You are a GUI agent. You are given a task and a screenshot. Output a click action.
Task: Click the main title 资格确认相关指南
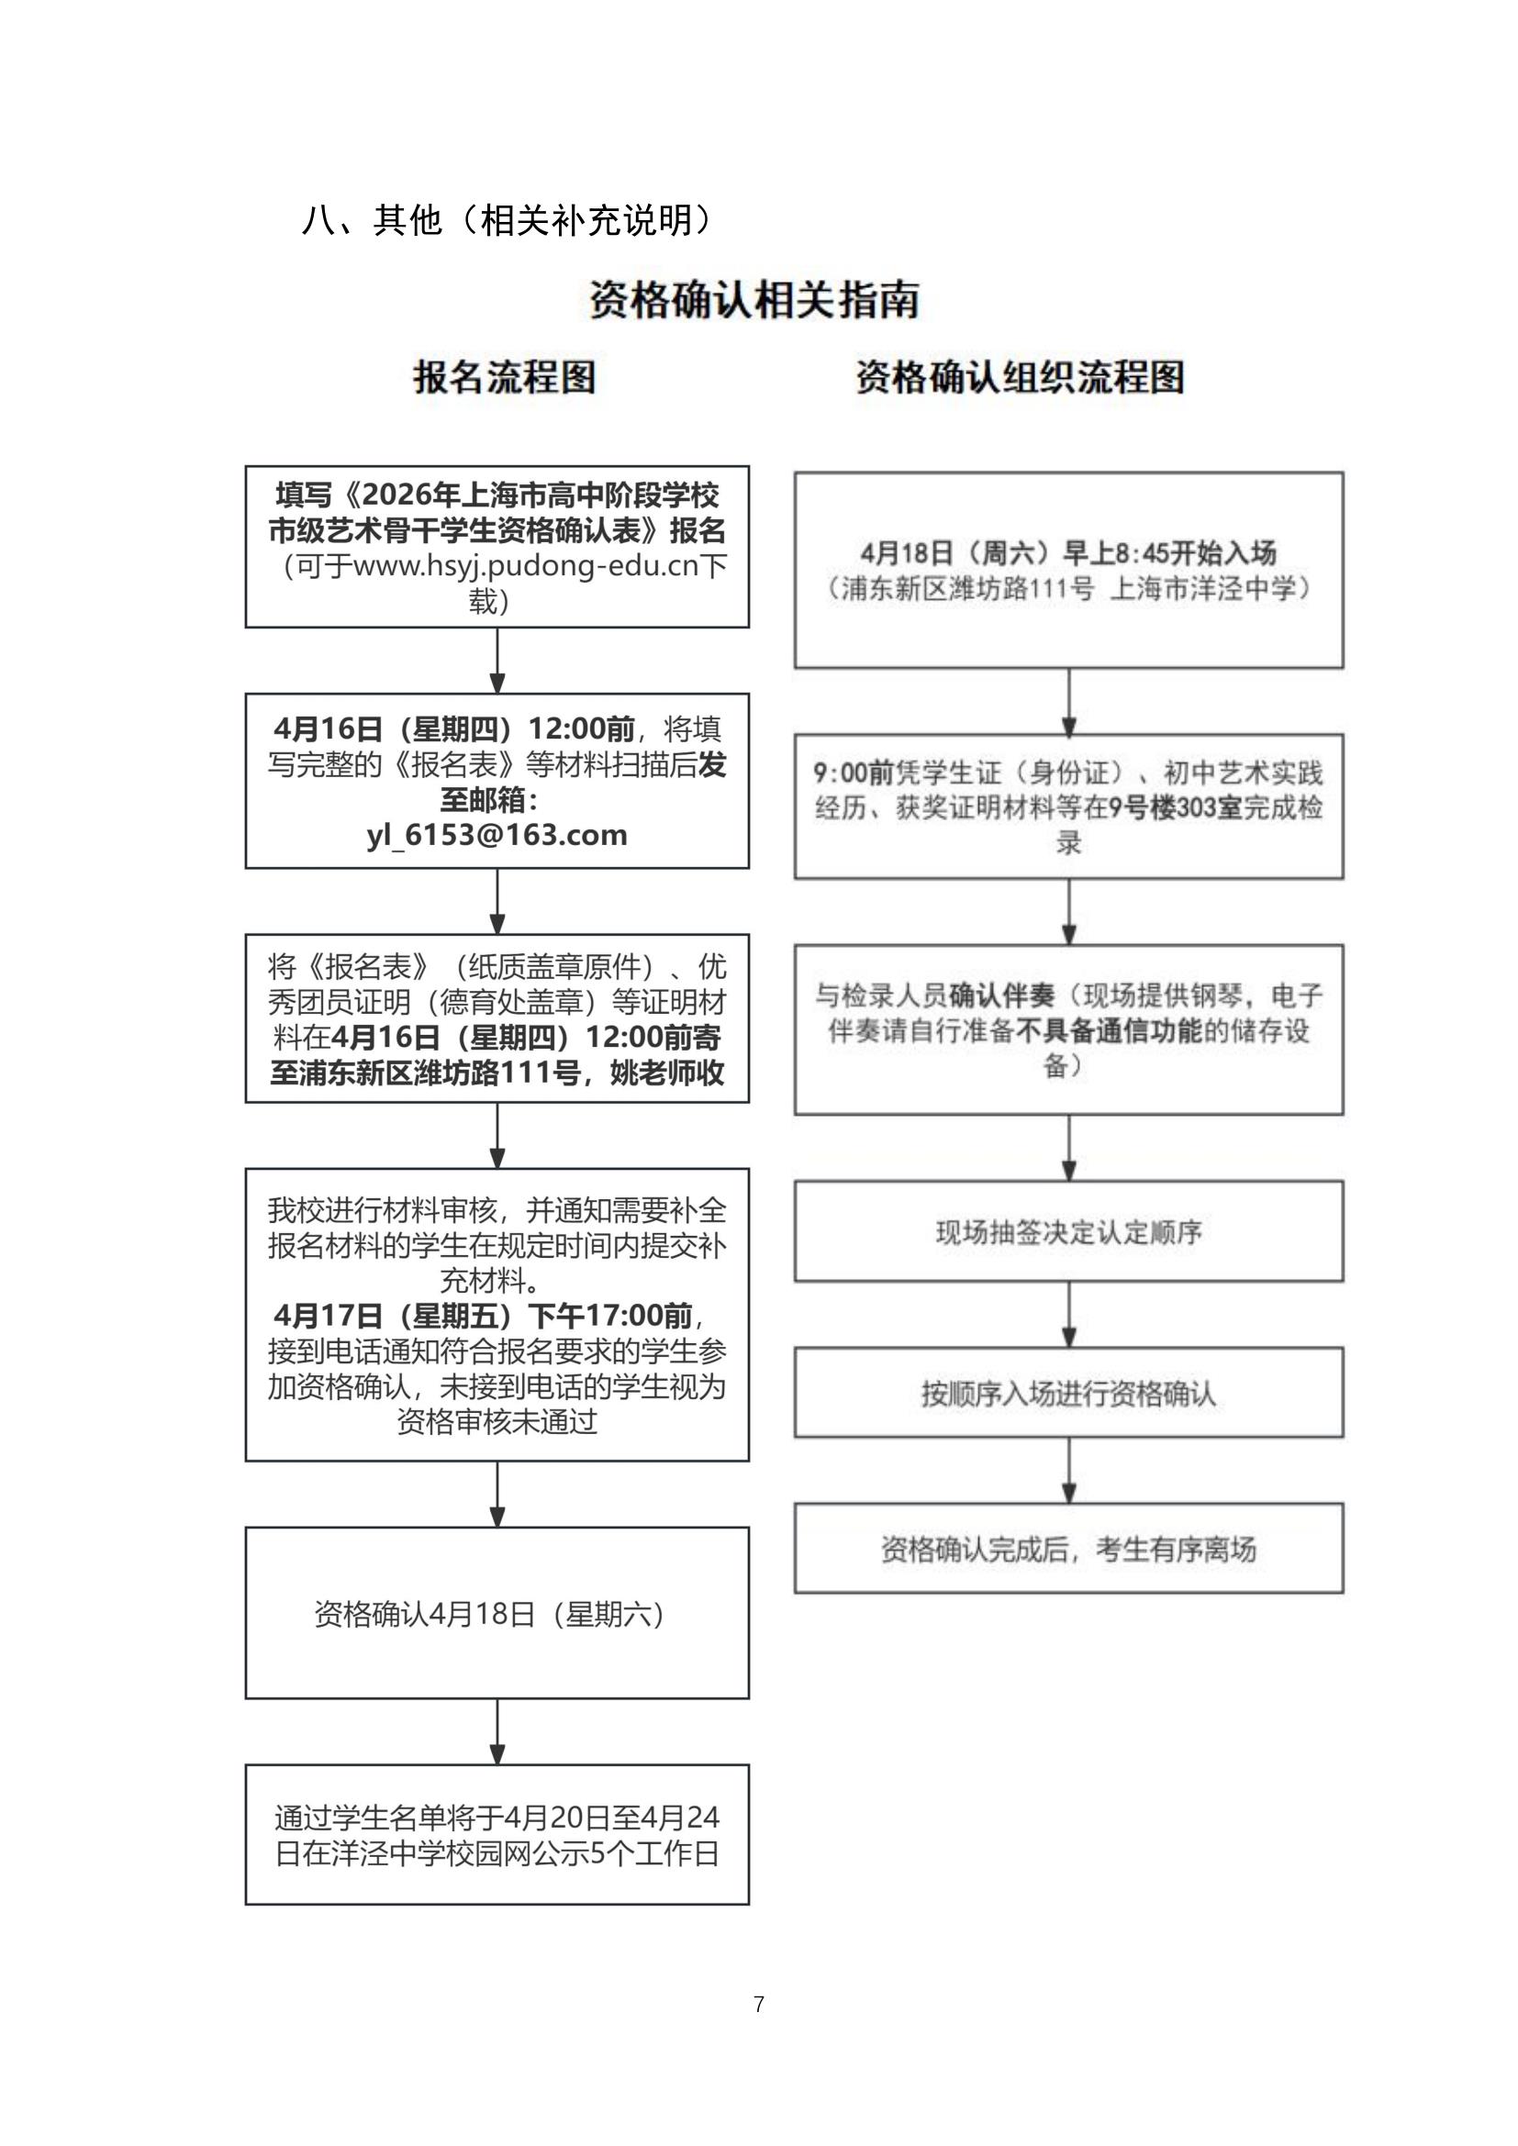click(x=754, y=300)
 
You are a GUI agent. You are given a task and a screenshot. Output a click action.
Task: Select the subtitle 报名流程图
click(x=505, y=378)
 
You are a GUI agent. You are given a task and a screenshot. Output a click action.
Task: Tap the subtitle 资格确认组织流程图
click(x=1021, y=378)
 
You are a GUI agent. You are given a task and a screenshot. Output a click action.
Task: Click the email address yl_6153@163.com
click(x=497, y=835)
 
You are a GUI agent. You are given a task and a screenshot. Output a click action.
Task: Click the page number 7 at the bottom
click(x=759, y=2004)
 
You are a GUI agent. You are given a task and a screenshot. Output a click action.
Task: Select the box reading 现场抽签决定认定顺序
click(x=1068, y=1231)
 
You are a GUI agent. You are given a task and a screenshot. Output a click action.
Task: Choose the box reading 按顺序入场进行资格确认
click(x=1068, y=1393)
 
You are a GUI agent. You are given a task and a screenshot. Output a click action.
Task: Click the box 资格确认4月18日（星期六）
click(x=497, y=1613)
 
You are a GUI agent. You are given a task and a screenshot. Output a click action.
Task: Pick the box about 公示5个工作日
click(x=497, y=1835)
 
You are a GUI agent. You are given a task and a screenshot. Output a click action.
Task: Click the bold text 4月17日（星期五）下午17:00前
click(x=484, y=1316)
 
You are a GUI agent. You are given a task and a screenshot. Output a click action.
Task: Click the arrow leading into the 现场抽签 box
click(x=1069, y=1148)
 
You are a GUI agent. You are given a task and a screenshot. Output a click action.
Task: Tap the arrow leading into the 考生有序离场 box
click(x=1069, y=1470)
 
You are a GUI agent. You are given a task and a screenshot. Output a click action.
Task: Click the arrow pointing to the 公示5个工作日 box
click(x=497, y=1732)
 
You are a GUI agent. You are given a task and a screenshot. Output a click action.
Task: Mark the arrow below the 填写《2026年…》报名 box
click(x=497, y=661)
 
